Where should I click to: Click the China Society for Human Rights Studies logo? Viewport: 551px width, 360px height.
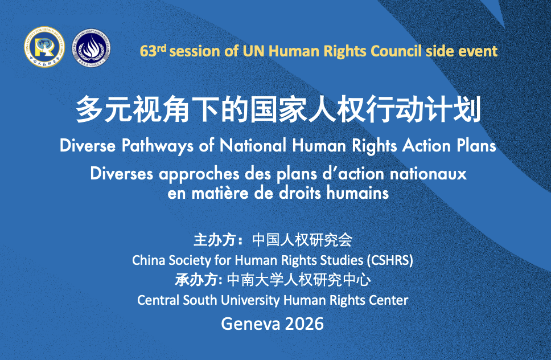point(44,47)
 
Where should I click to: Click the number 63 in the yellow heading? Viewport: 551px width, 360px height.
point(148,51)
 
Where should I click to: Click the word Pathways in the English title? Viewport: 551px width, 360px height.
point(157,146)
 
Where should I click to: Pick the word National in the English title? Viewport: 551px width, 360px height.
point(253,145)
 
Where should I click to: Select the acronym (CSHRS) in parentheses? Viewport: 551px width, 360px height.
point(390,260)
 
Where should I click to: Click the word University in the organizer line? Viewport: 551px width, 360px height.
point(250,300)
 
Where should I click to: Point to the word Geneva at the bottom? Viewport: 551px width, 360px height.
point(250,324)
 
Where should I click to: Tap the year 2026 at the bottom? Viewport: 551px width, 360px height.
point(305,324)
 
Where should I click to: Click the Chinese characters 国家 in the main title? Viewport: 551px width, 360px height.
point(278,109)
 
